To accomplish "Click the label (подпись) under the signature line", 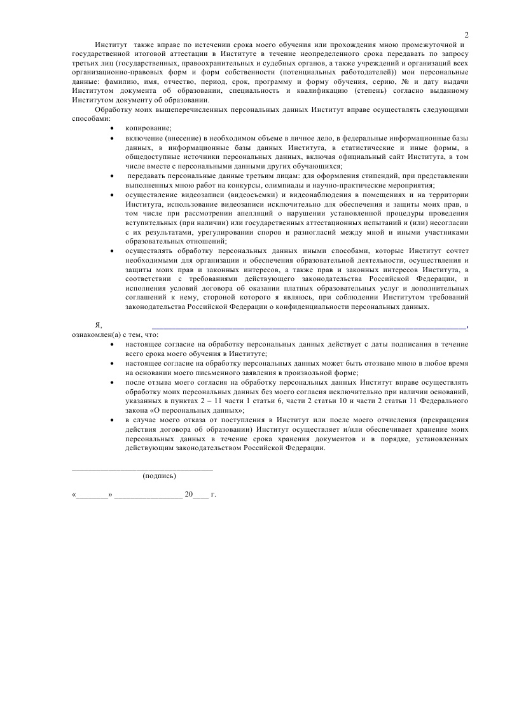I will (160, 476).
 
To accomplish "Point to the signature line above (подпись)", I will (142, 469).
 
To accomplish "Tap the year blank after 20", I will (200, 493).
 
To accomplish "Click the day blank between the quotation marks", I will (93, 493).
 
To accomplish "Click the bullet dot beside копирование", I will (113, 128).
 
